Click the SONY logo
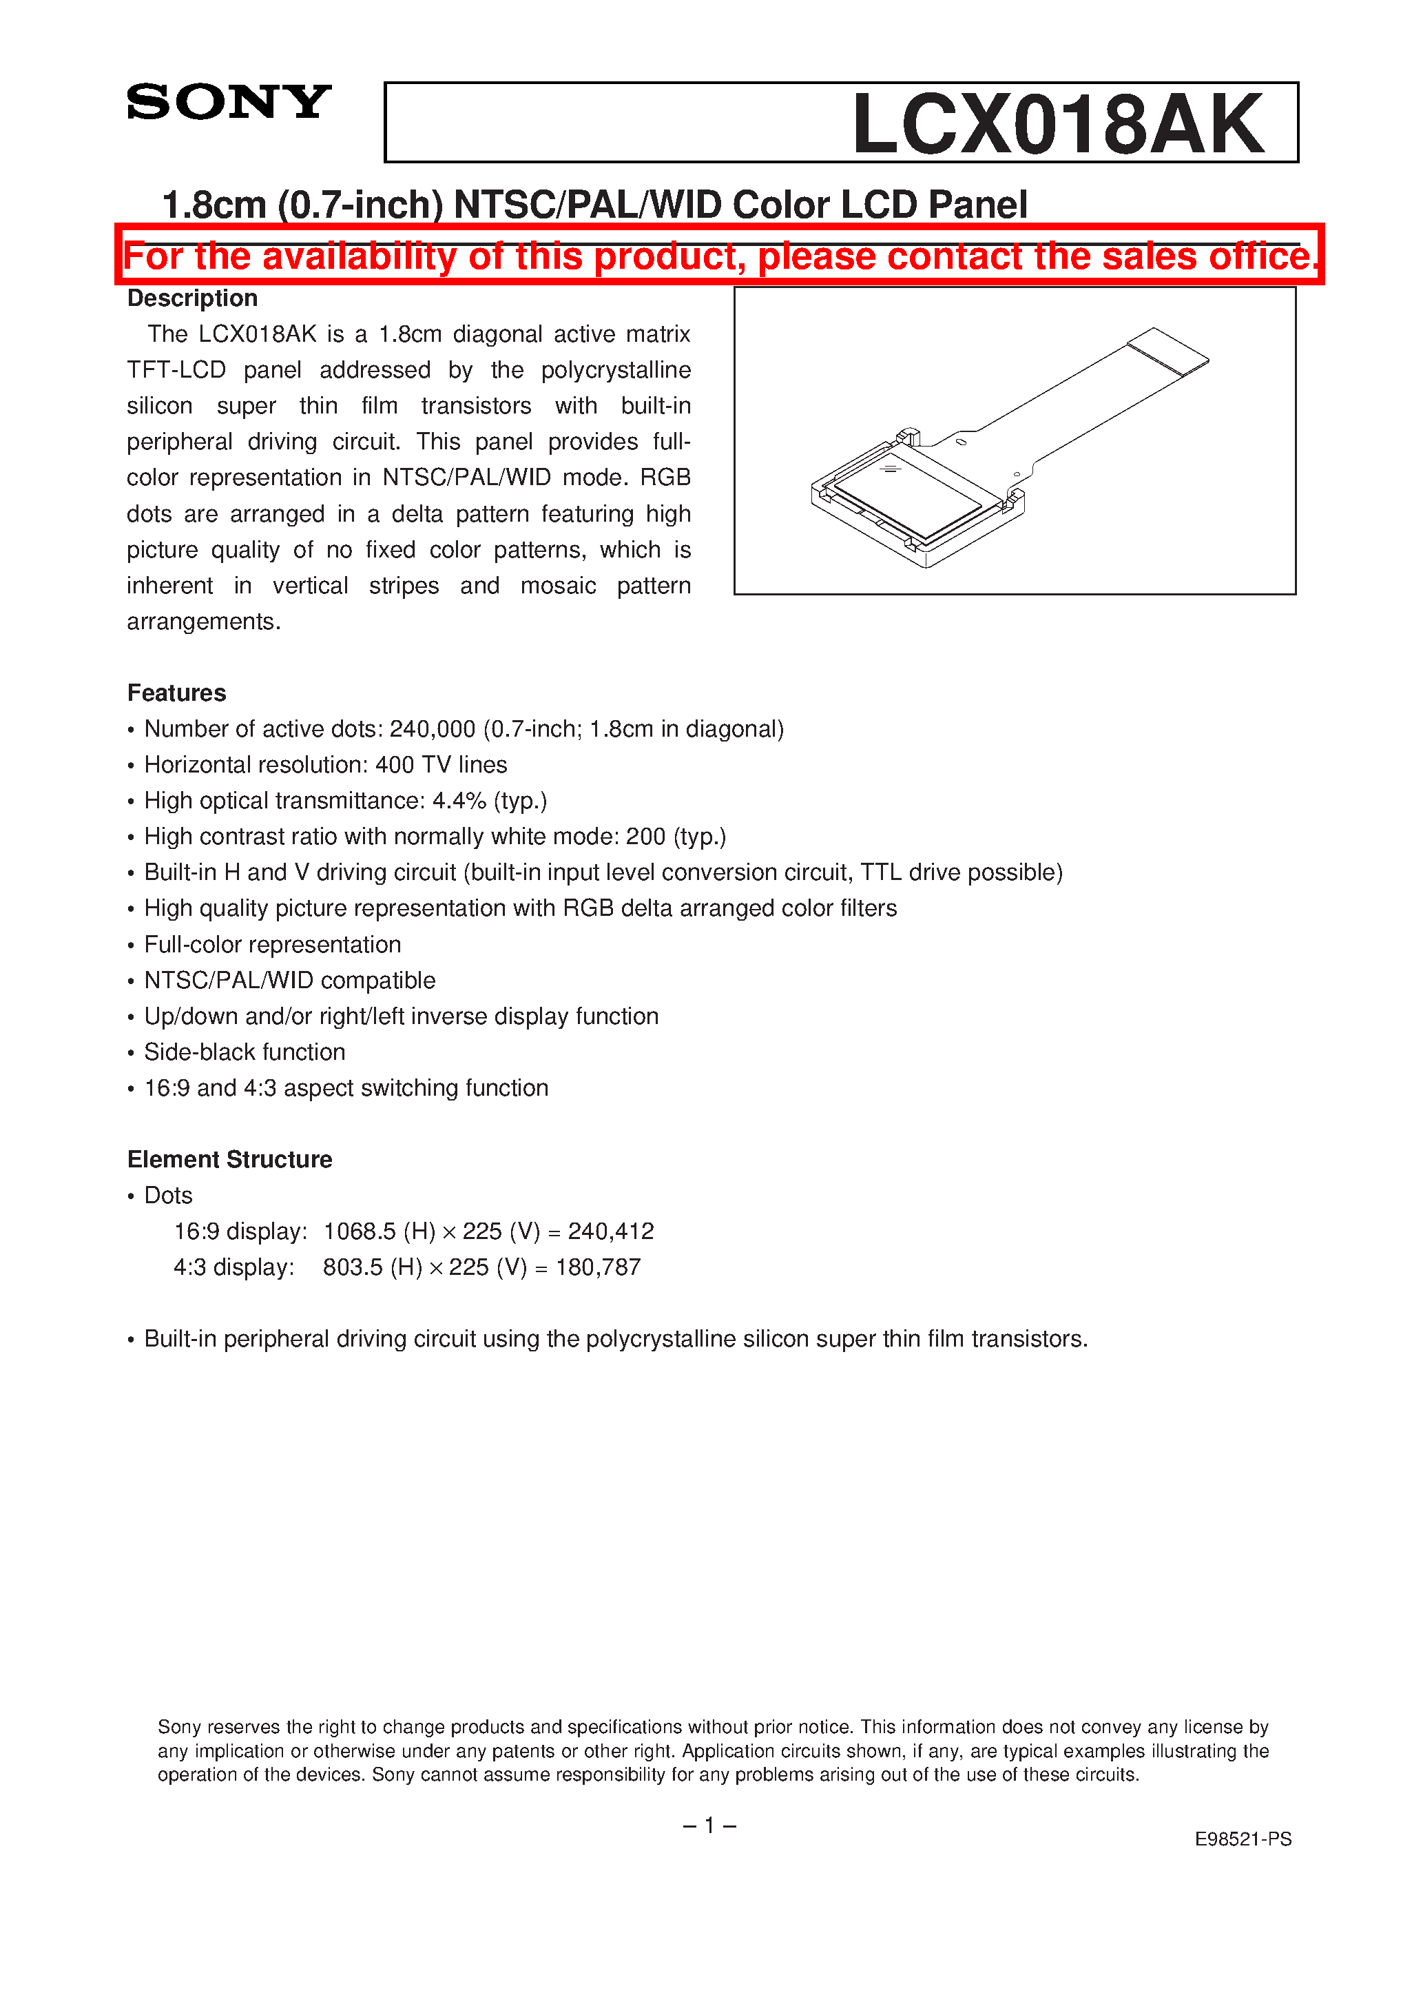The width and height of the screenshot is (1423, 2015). tap(228, 102)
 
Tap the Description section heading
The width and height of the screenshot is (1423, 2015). tap(192, 298)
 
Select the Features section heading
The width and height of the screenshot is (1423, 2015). tap(176, 693)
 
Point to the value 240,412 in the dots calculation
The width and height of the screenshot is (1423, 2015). tap(611, 1231)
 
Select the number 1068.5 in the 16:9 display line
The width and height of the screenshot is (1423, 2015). tap(360, 1231)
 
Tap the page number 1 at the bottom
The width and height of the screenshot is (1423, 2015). tap(709, 1825)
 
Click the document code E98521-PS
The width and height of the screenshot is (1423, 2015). tap(1243, 1839)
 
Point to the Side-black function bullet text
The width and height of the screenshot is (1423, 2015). tap(244, 1052)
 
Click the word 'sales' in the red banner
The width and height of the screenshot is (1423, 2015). tap(1150, 256)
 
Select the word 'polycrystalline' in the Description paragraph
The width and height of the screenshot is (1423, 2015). tap(615, 369)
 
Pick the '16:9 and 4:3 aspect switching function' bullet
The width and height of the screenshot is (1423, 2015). tap(346, 1087)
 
